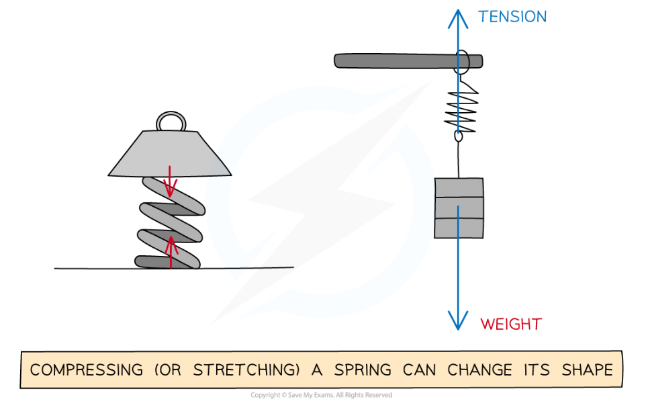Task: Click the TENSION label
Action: pos(512,16)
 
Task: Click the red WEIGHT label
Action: pos(510,324)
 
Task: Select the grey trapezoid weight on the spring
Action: pos(171,154)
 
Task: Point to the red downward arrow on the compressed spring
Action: pos(170,183)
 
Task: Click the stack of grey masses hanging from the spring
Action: pos(459,208)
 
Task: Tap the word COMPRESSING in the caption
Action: pos(87,370)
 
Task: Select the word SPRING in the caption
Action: pos(363,370)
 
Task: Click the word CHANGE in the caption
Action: pos(479,370)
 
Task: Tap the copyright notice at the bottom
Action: pos(322,395)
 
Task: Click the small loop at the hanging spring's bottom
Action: pos(459,136)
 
